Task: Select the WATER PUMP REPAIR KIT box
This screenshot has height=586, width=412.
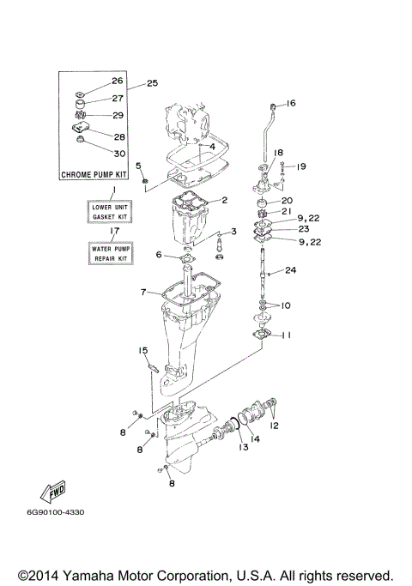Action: tap(109, 253)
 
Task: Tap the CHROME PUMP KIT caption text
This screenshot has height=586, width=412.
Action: tap(95, 174)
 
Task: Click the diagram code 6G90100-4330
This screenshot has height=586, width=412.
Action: tap(55, 512)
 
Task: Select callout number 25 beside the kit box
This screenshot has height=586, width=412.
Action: tap(153, 84)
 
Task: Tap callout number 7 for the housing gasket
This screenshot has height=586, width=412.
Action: tap(143, 293)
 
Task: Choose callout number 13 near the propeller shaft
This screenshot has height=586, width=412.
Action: tap(243, 447)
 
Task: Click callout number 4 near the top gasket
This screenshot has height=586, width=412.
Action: tap(211, 147)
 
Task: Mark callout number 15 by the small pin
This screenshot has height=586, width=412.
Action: tap(143, 350)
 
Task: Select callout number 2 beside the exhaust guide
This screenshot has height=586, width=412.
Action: tap(224, 201)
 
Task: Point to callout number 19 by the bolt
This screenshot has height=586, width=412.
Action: tap(301, 166)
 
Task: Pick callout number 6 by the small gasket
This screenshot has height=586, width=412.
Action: tap(159, 255)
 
